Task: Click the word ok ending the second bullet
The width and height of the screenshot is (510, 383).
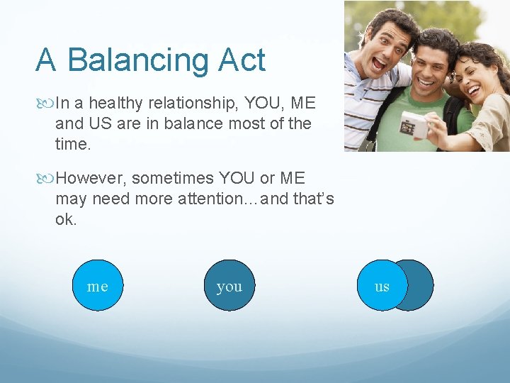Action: coord(65,219)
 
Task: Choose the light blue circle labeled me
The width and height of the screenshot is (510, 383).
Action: coord(98,286)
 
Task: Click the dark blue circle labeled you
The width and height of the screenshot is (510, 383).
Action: coord(229,286)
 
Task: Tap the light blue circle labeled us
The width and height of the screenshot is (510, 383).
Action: coord(382,286)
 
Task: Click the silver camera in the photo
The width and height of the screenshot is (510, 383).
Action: coord(414,126)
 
